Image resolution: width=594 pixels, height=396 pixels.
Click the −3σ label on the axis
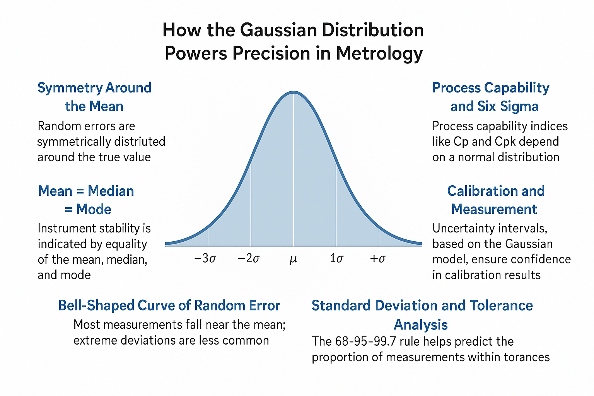(205, 258)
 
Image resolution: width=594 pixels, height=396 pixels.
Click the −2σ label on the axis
(248, 258)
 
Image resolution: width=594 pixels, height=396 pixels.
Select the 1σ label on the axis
(336, 258)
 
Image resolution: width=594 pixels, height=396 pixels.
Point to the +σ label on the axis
(378, 258)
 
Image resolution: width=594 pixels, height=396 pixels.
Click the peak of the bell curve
(294, 92)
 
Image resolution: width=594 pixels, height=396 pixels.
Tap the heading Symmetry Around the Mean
(94, 97)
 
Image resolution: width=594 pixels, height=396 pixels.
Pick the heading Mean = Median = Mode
(87, 200)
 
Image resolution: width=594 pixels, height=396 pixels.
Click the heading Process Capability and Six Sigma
(491, 97)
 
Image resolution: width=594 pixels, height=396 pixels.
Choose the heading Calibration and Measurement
(495, 200)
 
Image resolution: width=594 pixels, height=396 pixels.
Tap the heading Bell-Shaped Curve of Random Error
(169, 306)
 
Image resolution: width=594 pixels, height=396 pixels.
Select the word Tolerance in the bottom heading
(501, 306)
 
